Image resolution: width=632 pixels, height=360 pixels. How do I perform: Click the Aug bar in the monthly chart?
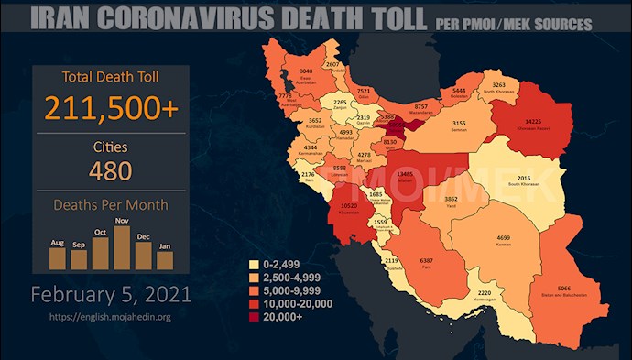(57, 257)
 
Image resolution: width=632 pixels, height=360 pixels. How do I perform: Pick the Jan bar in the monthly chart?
(165, 260)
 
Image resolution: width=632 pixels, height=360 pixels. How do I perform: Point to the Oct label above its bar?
(100, 231)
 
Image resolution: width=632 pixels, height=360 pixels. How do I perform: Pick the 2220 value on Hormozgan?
(485, 293)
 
